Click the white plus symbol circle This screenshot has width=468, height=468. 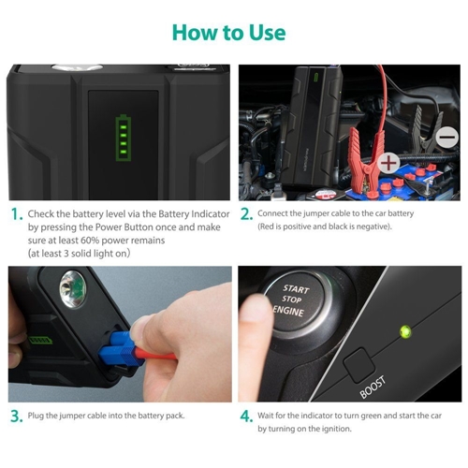388,162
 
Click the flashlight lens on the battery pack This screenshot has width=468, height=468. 69,284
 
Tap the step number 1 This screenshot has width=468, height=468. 15,214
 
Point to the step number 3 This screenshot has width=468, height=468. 16,416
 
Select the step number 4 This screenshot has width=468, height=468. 245,416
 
